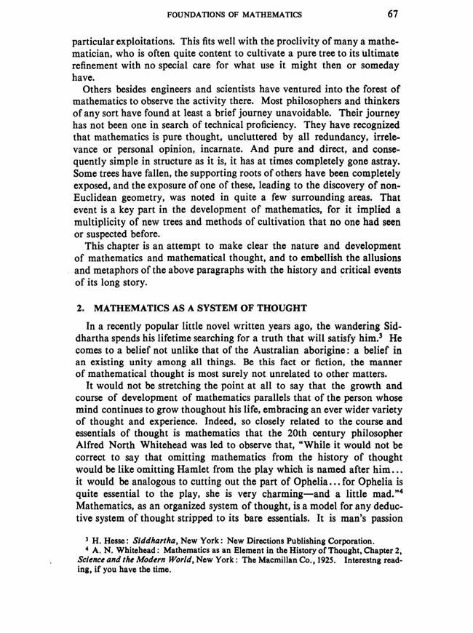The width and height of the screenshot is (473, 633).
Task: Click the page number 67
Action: coord(392,13)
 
